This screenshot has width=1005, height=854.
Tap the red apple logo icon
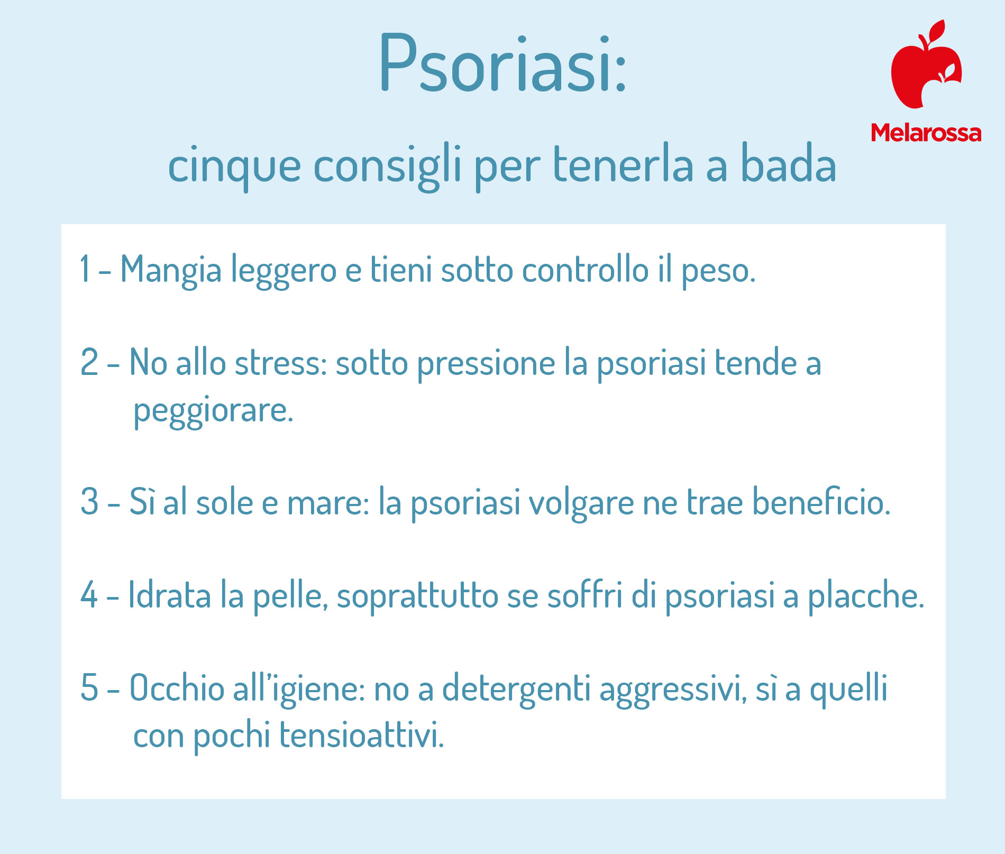point(926,65)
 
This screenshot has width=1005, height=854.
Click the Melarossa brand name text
point(926,133)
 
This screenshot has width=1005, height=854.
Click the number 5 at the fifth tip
point(89,687)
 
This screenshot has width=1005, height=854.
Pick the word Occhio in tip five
point(177,687)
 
